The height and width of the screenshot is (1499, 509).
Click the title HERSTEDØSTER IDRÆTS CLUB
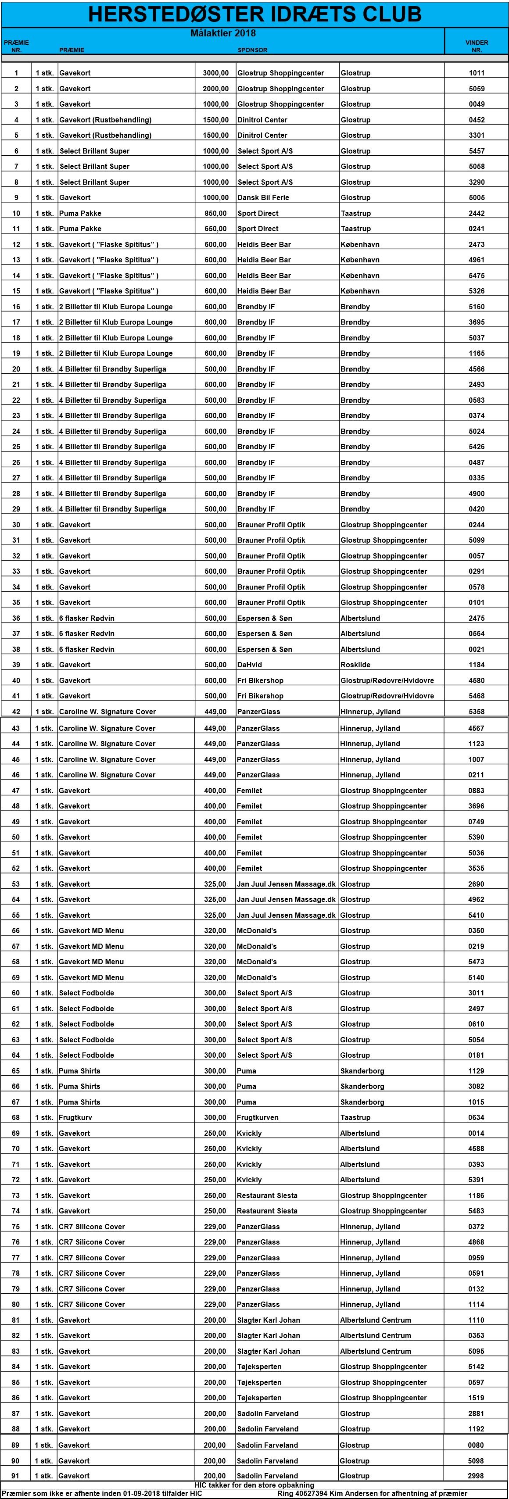click(254, 14)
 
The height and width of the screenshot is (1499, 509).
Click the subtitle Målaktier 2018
click(223, 33)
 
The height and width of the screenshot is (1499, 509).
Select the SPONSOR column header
click(252, 50)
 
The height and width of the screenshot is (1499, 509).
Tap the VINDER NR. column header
click(477, 46)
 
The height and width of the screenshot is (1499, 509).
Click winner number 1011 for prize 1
click(477, 73)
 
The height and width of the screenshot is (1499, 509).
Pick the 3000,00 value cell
click(215, 73)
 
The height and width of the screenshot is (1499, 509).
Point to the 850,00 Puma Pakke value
click(215, 214)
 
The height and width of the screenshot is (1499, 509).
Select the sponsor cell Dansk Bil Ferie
click(263, 198)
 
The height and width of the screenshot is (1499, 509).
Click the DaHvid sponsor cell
click(249, 665)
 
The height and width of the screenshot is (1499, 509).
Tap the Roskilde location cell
click(355, 665)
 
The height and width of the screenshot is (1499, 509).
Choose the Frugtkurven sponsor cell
click(258, 1117)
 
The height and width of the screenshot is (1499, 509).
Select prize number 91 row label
click(16, 1476)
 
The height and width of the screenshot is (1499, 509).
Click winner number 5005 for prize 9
click(477, 198)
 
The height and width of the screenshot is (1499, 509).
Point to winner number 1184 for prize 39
click(477, 665)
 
